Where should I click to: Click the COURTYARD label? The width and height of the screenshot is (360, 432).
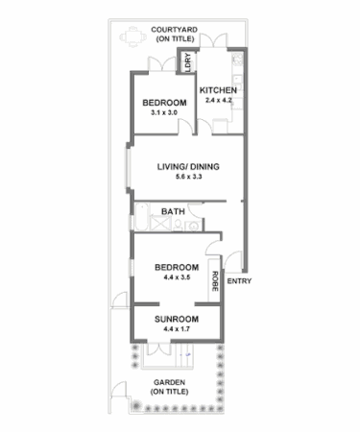pyautogui.click(x=174, y=30)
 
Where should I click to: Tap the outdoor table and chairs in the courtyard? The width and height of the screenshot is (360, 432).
pyautogui.click(x=132, y=38)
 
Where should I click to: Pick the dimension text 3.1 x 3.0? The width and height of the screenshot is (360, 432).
pyautogui.click(x=164, y=112)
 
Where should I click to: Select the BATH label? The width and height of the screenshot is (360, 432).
pyautogui.click(x=174, y=211)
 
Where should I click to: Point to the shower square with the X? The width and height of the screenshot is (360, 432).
pyautogui.click(x=172, y=225)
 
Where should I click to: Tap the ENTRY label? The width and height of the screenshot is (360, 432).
pyautogui.click(x=239, y=281)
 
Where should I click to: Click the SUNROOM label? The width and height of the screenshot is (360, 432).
pyautogui.click(x=178, y=319)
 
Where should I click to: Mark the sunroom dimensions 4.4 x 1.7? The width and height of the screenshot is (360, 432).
pyautogui.click(x=178, y=329)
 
